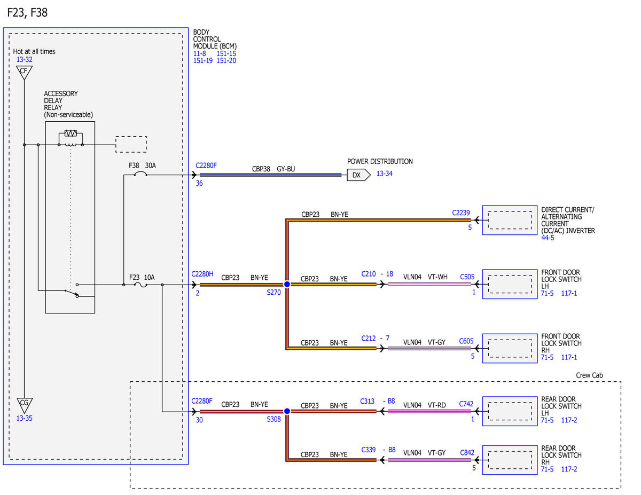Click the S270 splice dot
click(287, 284)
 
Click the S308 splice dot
click(287, 411)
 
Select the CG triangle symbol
click(25, 405)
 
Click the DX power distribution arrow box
click(358, 175)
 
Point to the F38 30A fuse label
click(142, 166)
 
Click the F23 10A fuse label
click(142, 277)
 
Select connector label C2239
click(461, 213)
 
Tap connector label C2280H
click(202, 274)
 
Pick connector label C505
click(467, 277)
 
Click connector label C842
click(467, 452)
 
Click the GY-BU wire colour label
click(286, 169)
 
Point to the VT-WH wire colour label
click(437, 277)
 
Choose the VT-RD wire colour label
click(436, 405)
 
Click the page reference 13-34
click(385, 174)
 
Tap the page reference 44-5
click(548, 238)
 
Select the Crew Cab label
click(589, 375)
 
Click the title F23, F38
click(27, 12)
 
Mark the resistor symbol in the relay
click(71, 133)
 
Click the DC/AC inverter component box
click(510, 220)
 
